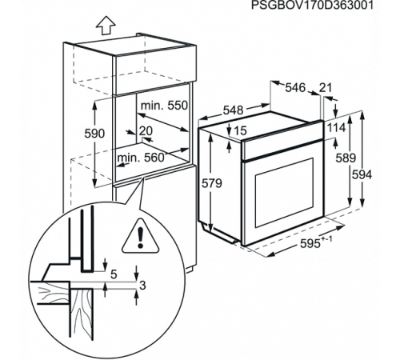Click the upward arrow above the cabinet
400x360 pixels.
pyautogui.click(x=103, y=25)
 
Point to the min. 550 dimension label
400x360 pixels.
pyautogui.click(x=164, y=106)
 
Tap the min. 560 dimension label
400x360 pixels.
pyautogui.click(x=140, y=158)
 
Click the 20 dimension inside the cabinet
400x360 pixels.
pyautogui.click(x=145, y=131)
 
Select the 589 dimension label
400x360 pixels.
pyautogui.click(x=346, y=159)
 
